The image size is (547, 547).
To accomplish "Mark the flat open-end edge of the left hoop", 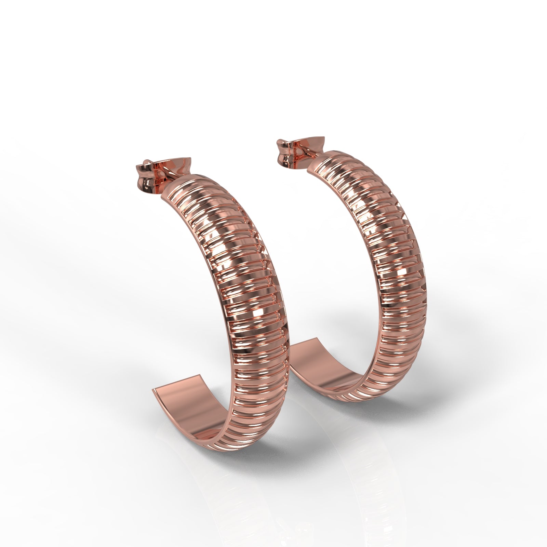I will click(176, 383).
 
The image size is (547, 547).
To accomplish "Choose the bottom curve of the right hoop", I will click(376, 393).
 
